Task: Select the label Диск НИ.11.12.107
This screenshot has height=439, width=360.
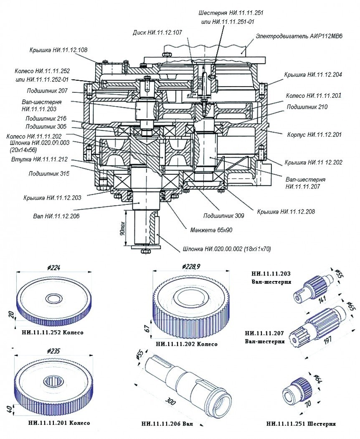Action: [157, 32]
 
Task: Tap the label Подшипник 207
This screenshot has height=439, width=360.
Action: [46, 92]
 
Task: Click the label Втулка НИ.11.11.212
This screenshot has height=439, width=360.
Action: [41, 160]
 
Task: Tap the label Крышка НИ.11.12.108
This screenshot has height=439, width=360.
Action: [58, 50]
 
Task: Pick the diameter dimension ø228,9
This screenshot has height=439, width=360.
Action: [191, 266]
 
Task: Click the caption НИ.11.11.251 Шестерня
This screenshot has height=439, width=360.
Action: [301, 424]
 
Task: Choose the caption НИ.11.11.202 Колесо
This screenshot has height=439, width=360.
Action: [186, 344]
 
